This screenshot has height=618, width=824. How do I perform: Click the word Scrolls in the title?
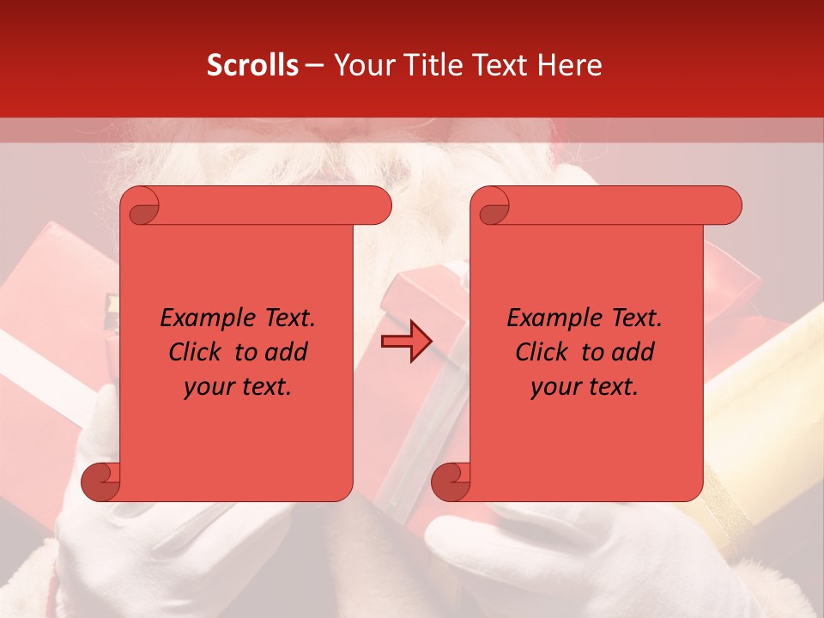pos(252,65)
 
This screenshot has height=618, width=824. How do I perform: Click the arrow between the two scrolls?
pos(406,342)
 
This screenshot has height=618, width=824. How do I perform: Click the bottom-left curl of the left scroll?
pos(100,482)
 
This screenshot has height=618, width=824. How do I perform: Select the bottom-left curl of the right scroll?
pos(450,482)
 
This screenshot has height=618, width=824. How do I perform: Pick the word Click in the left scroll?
pos(197,352)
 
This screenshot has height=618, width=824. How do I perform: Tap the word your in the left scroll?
pos(210,387)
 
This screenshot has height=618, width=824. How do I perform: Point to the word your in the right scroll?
pos(557,387)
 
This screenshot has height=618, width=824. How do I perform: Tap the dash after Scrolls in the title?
pos(315,65)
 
